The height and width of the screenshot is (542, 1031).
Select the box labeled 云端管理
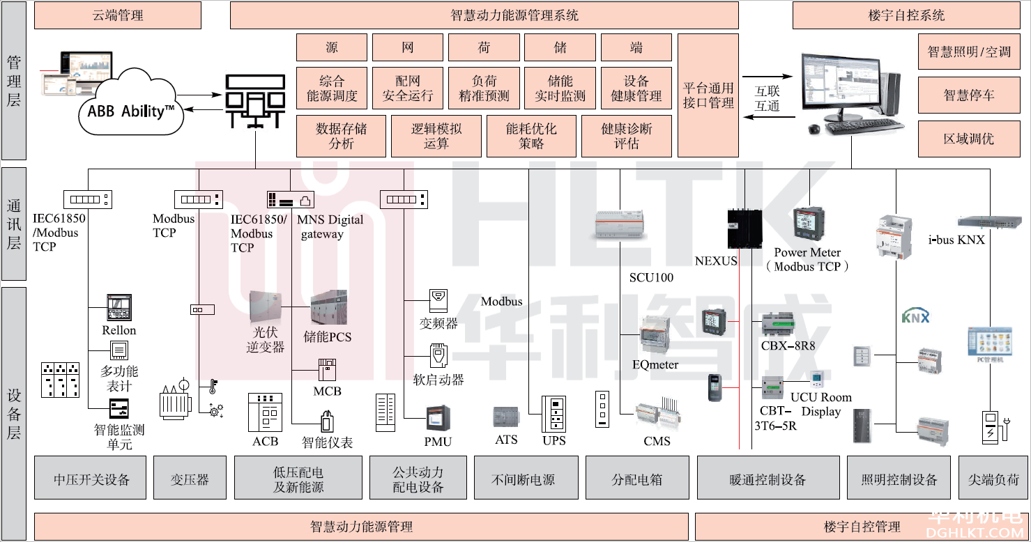pyautogui.click(x=118, y=15)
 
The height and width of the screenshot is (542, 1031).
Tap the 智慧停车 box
pyautogui.click(x=968, y=95)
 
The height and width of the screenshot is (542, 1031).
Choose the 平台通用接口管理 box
pyautogui.click(x=708, y=95)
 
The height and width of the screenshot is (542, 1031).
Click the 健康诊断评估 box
pyautogui.click(x=627, y=137)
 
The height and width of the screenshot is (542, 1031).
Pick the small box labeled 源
pyautogui.click(x=331, y=48)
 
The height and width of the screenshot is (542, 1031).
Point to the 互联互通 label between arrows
pyautogui.click(x=767, y=98)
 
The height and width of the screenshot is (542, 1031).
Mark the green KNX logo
pyautogui.click(x=916, y=316)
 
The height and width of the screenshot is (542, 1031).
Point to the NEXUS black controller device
pyautogui.click(x=743, y=229)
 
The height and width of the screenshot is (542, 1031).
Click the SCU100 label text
pyautogui.click(x=651, y=277)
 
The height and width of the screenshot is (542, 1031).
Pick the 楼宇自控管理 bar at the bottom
pyautogui.click(x=862, y=527)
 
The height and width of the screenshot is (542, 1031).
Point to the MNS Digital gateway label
pyautogui.click(x=330, y=226)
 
